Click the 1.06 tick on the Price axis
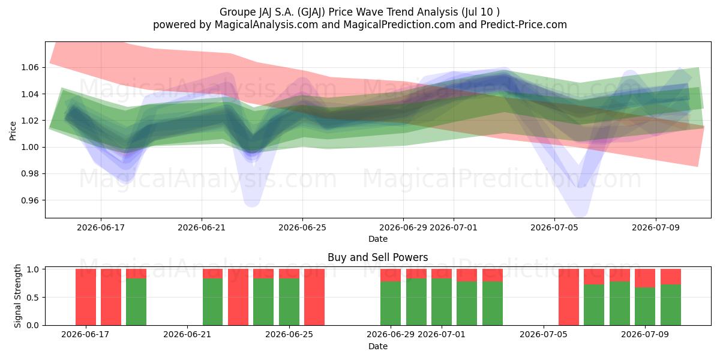click(x=29, y=67)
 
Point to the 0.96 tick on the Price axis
click(x=29, y=200)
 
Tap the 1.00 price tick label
click(x=29, y=147)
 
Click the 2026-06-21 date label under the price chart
click(x=202, y=227)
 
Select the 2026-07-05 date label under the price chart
click(x=554, y=227)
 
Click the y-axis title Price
click(x=13, y=131)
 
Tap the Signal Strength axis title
click(x=17, y=296)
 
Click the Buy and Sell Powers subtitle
click(x=377, y=257)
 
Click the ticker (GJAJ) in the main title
click(x=311, y=12)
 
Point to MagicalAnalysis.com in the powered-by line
click(x=266, y=25)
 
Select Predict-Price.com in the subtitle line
click(x=524, y=25)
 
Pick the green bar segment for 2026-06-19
click(x=136, y=302)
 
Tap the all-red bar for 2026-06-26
click(x=314, y=297)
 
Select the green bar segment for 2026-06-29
click(x=391, y=304)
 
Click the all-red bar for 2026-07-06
click(x=569, y=297)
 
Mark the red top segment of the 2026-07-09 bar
click(x=645, y=278)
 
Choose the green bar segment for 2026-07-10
click(x=671, y=305)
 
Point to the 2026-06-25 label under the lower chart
click(x=289, y=334)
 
